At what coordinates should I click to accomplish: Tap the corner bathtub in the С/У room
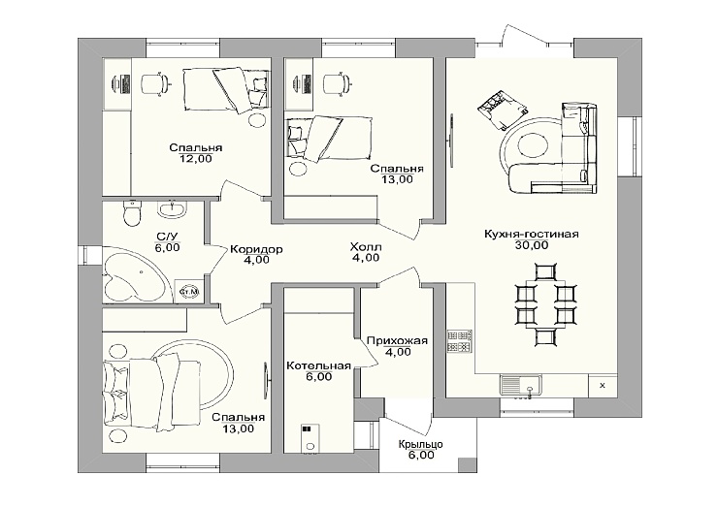click(x=133, y=273)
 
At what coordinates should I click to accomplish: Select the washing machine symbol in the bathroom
click(x=188, y=291)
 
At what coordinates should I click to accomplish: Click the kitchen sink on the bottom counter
click(x=521, y=385)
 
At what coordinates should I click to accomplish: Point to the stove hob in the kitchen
click(x=459, y=341)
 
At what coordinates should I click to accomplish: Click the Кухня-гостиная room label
click(x=531, y=235)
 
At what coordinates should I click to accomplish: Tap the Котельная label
click(x=318, y=365)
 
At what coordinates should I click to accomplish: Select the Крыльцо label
click(x=420, y=444)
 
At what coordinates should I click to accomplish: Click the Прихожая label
click(x=397, y=341)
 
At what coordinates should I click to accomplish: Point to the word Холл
click(x=366, y=247)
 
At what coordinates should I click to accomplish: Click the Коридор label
click(x=256, y=249)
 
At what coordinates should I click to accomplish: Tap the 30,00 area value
click(x=531, y=245)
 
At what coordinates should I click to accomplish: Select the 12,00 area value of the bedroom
click(x=196, y=159)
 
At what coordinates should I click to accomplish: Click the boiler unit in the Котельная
click(x=310, y=440)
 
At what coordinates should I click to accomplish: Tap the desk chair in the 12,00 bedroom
click(x=155, y=83)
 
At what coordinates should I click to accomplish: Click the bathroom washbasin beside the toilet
click(x=173, y=209)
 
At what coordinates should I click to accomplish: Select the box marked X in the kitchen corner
click(x=603, y=385)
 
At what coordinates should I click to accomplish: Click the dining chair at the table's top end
click(x=546, y=270)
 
